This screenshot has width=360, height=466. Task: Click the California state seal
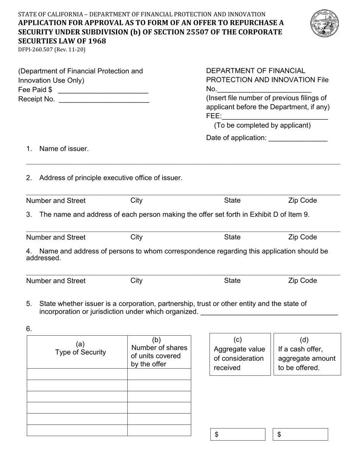[324, 24]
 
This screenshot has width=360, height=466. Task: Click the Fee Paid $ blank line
[103, 91]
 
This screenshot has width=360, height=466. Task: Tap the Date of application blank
[298, 139]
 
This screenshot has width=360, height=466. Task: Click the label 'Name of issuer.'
[64, 149]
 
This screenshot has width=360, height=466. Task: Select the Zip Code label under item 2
[302, 200]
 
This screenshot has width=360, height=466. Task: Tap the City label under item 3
[136, 237]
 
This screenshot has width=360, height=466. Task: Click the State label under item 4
[232, 281]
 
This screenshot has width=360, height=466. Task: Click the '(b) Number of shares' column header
[159, 352]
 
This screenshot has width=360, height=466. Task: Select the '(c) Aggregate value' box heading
[239, 354]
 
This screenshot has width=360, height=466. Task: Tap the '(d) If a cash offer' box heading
[307, 354]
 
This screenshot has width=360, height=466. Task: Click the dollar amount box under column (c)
[238, 435]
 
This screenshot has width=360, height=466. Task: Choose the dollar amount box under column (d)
[301, 435]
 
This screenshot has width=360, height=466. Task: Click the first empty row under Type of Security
[77, 374]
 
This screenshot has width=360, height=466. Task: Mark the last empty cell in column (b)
[159, 430]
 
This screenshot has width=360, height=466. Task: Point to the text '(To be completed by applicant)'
[262, 125]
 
